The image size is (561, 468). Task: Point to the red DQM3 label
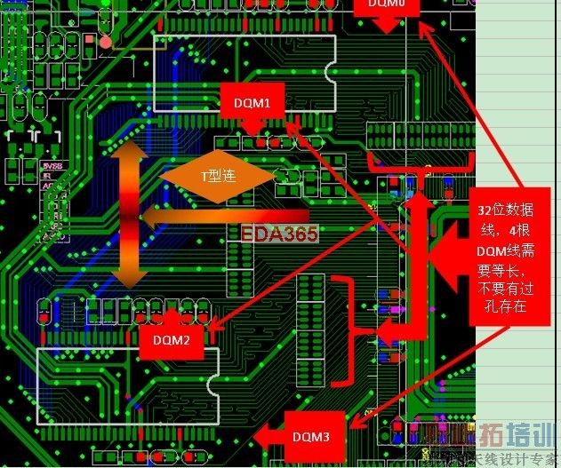(x=311, y=436)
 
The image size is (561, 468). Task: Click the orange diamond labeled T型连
(x=217, y=175)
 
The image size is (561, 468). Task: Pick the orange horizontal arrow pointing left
(x=222, y=216)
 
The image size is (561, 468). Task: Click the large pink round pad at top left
(x=106, y=41)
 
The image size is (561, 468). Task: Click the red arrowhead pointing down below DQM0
(x=386, y=26)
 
